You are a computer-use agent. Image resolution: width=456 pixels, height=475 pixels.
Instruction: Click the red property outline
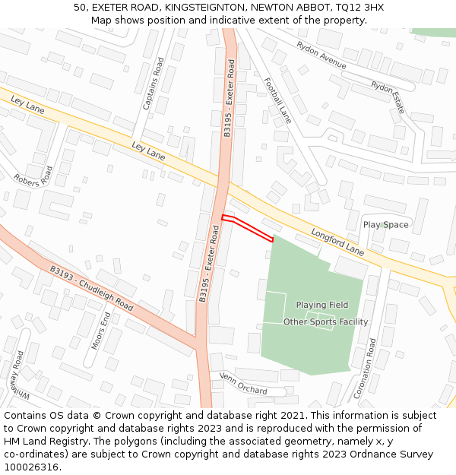click(x=247, y=229)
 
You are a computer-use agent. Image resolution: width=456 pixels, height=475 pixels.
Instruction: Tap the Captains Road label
click(x=153, y=84)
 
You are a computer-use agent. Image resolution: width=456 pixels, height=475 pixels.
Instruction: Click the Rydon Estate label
click(x=388, y=97)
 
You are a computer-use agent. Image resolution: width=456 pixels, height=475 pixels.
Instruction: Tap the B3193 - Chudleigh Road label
click(x=91, y=289)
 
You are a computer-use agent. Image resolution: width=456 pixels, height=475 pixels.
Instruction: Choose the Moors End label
click(x=101, y=330)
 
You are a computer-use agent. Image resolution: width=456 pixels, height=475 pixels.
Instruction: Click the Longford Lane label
click(x=337, y=242)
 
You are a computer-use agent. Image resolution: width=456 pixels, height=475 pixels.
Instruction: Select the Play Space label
click(x=385, y=225)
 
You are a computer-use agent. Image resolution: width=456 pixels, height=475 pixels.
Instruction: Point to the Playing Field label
click(x=322, y=305)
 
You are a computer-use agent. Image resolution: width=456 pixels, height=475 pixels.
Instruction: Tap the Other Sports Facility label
click(x=325, y=321)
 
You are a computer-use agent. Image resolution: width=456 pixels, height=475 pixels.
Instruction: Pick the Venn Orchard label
click(x=243, y=383)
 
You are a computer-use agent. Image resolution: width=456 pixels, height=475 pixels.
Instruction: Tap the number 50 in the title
click(x=79, y=8)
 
